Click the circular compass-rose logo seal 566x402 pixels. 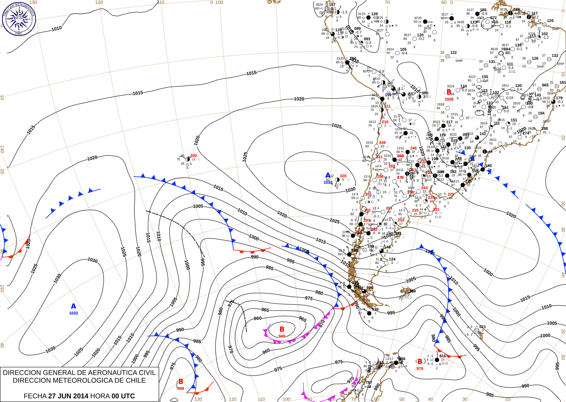click(19, 18)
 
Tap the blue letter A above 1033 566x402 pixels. click(73, 306)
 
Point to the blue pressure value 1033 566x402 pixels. click(73, 313)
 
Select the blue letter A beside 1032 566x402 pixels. click(328, 176)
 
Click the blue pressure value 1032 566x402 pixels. click(328, 183)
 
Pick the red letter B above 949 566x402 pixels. click(282, 329)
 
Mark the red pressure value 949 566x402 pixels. click(282, 336)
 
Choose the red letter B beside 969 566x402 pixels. click(181, 382)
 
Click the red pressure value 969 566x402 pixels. click(181, 389)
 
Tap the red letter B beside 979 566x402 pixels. click(420, 361)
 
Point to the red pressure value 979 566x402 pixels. click(420, 368)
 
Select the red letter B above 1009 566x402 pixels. click(449, 92)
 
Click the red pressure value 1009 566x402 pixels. click(449, 99)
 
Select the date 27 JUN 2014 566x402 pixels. click(68, 396)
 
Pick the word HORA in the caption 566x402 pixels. click(99, 396)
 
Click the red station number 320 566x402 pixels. click(343, 176)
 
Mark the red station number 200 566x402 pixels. click(193, 156)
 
